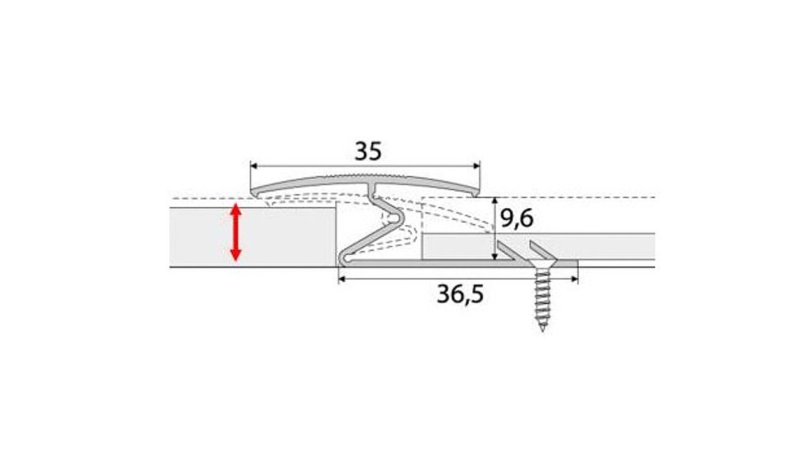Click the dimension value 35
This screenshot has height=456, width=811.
point(367,151)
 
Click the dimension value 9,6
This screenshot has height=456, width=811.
point(516,218)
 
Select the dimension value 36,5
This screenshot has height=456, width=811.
point(460,294)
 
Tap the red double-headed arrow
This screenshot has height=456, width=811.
point(236,232)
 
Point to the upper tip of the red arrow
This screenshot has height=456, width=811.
point(236,203)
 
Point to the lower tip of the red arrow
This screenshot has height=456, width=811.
point(236,260)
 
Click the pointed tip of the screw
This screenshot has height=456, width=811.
point(543,330)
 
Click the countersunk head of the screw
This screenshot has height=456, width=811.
point(542,264)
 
